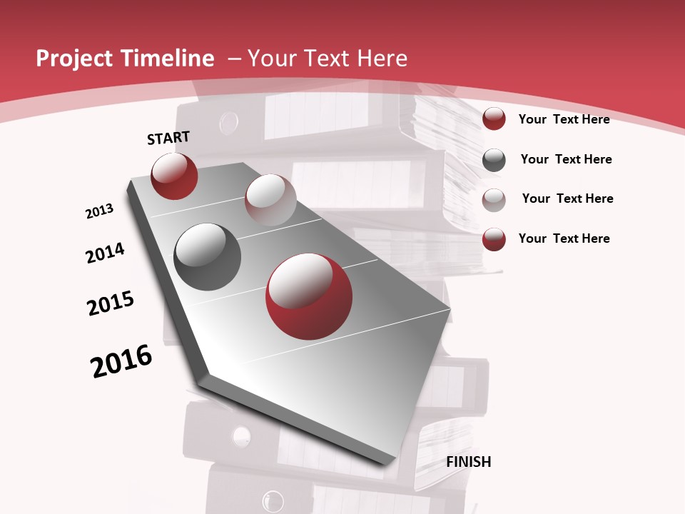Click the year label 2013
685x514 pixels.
[100, 211]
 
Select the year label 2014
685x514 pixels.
[106, 253]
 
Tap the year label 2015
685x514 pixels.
[111, 303]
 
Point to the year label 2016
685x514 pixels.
[121, 361]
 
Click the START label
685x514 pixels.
[168, 138]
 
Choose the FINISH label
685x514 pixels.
[469, 462]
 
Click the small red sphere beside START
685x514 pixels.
[174, 176]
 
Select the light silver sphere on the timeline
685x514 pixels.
[270, 200]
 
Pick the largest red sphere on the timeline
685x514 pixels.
[309, 296]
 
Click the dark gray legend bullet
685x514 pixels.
[494, 160]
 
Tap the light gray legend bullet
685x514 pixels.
[494, 200]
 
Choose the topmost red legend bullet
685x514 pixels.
[494, 119]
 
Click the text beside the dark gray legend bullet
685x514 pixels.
[566, 159]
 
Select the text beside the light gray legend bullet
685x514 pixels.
[567, 198]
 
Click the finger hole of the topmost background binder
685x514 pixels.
[228, 123]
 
